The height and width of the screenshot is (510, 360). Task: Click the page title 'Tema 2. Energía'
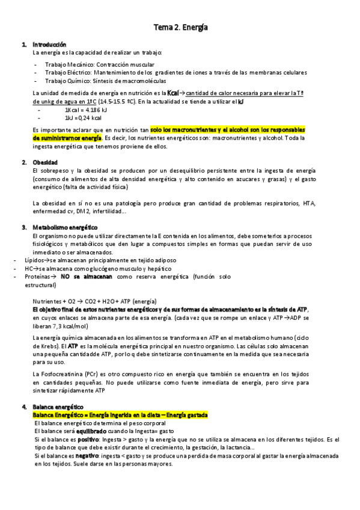coord(180,27)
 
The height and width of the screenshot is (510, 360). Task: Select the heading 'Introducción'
coord(49,45)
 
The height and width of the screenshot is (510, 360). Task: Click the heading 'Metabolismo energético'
coord(65,227)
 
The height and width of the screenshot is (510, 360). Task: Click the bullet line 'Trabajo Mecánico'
coord(99,64)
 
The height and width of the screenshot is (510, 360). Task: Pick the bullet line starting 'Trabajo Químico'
coord(106,81)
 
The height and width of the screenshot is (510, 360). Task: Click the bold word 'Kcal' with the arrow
coord(174,93)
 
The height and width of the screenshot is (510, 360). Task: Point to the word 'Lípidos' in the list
coord(35,260)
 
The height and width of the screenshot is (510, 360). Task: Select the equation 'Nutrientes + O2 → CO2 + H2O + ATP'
coord(95,301)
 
